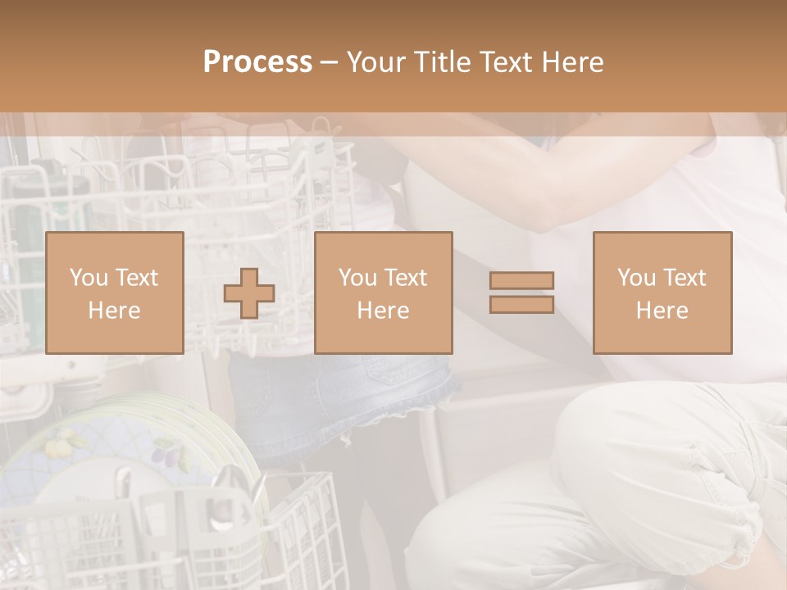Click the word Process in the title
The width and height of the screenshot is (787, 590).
257,62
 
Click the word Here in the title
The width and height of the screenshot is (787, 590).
573,62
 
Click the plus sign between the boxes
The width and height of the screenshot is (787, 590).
249,293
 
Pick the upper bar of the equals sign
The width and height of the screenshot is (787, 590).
521,280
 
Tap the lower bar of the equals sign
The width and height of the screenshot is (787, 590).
521,304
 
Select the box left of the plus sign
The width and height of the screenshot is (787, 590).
115,293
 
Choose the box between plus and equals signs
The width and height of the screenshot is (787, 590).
384,293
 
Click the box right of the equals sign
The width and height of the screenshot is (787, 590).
662,293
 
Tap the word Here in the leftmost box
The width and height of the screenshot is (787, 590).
115,310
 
